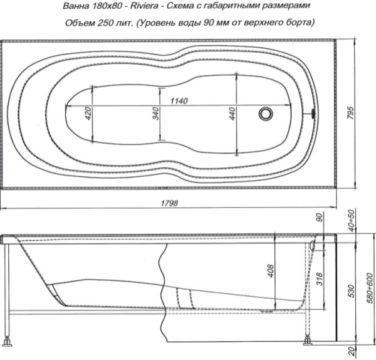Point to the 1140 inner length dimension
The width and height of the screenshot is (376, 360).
point(179,101)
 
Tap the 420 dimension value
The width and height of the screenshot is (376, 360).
point(88,114)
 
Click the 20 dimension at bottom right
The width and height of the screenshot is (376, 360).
point(352,351)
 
